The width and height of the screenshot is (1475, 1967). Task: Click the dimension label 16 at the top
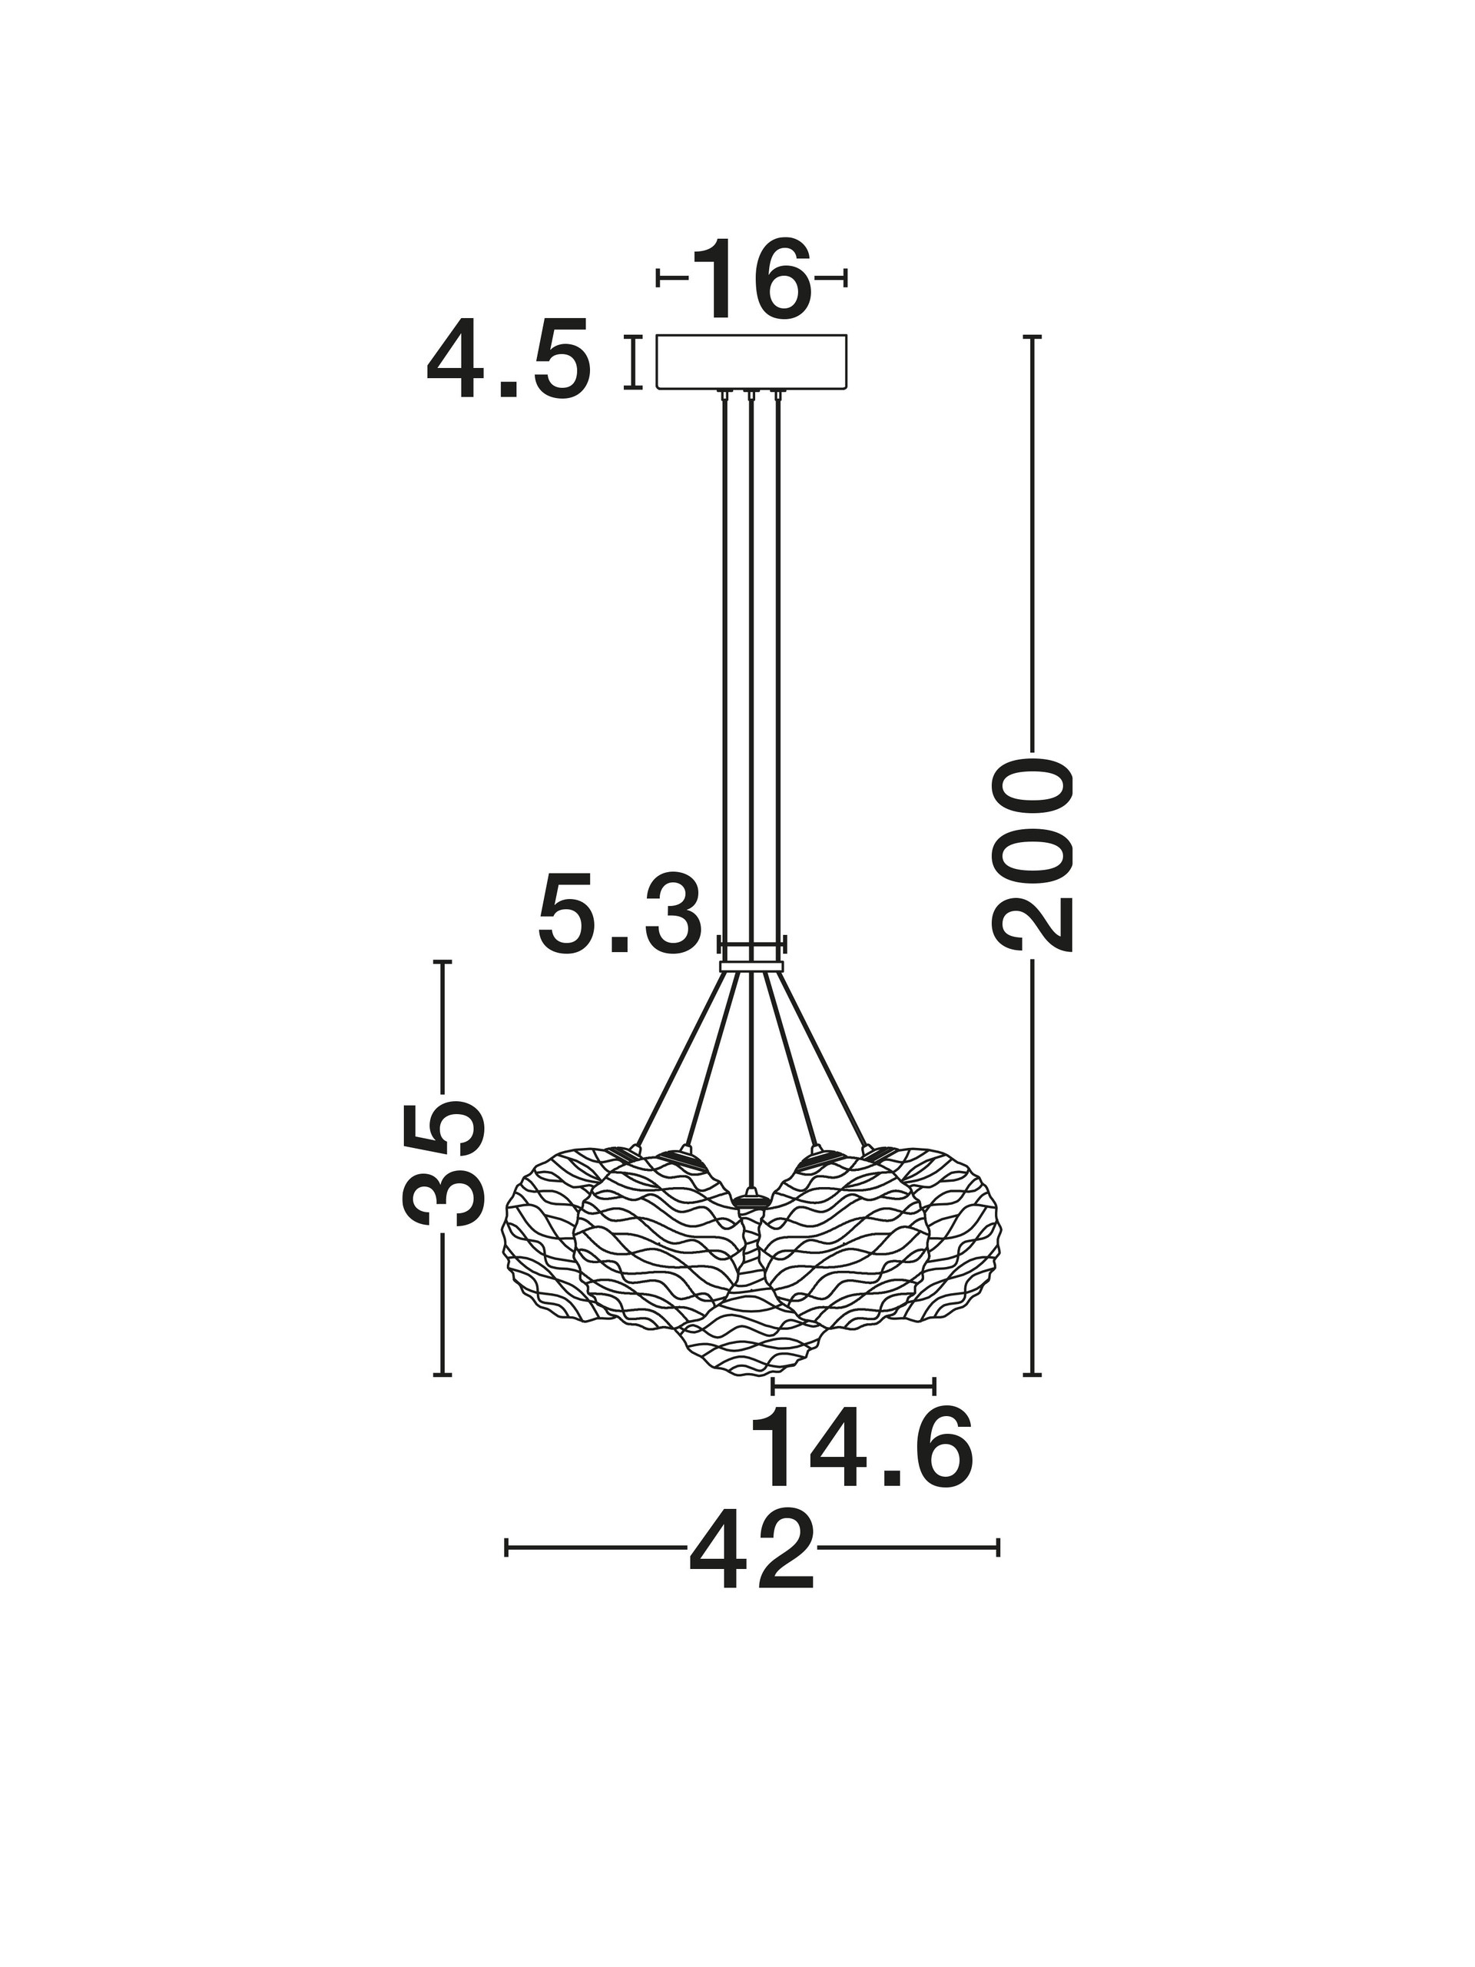click(751, 279)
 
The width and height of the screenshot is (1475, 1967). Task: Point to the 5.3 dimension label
click(620, 914)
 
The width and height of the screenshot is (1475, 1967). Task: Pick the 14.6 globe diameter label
click(861, 1447)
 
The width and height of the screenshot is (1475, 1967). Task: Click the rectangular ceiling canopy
click(751, 362)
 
